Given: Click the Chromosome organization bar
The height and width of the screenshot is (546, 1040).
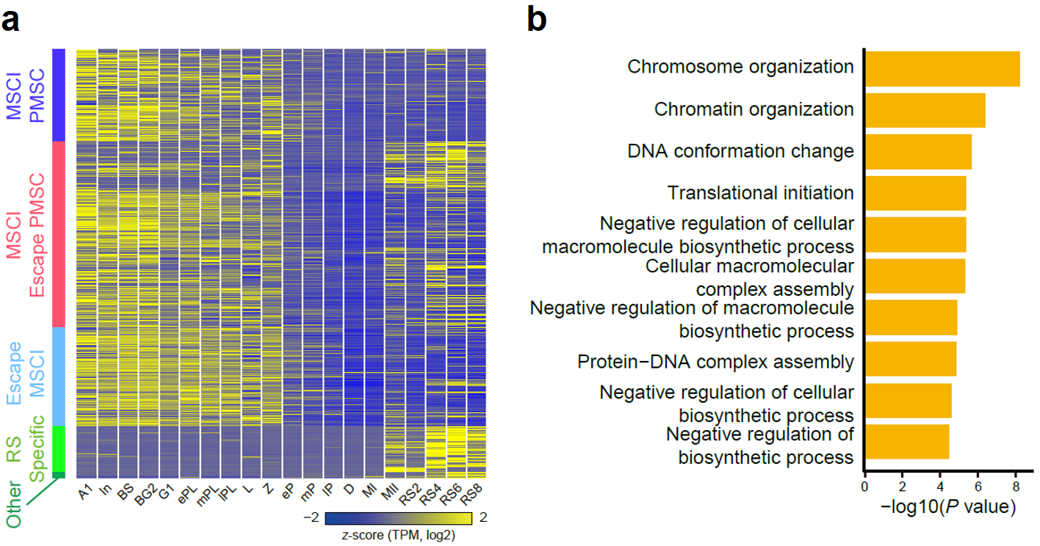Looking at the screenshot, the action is (x=942, y=69).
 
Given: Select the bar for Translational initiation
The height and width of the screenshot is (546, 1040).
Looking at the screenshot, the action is (x=916, y=193).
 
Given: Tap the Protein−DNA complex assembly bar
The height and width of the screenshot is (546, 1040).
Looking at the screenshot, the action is (x=911, y=359).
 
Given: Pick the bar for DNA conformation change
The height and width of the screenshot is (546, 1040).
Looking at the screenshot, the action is (x=918, y=152).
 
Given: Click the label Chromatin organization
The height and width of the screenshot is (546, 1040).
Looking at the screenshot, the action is (x=754, y=109).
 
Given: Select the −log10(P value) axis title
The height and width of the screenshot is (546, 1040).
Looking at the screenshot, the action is (x=948, y=506).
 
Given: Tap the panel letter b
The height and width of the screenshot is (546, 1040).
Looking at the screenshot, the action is (x=537, y=20).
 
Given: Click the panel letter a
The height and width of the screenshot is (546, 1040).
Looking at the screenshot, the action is (x=10, y=21).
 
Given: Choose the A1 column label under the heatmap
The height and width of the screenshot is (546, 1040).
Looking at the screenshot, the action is (x=85, y=492).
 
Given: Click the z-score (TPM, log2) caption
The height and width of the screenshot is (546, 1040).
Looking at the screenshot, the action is (x=398, y=535).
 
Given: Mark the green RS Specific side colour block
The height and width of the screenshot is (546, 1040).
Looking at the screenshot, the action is (x=59, y=449).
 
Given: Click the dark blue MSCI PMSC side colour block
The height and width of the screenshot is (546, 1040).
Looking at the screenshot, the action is (x=59, y=95).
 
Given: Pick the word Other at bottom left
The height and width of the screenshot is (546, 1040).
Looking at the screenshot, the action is (x=14, y=505).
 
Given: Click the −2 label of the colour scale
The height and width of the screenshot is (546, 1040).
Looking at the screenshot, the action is (x=311, y=517).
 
